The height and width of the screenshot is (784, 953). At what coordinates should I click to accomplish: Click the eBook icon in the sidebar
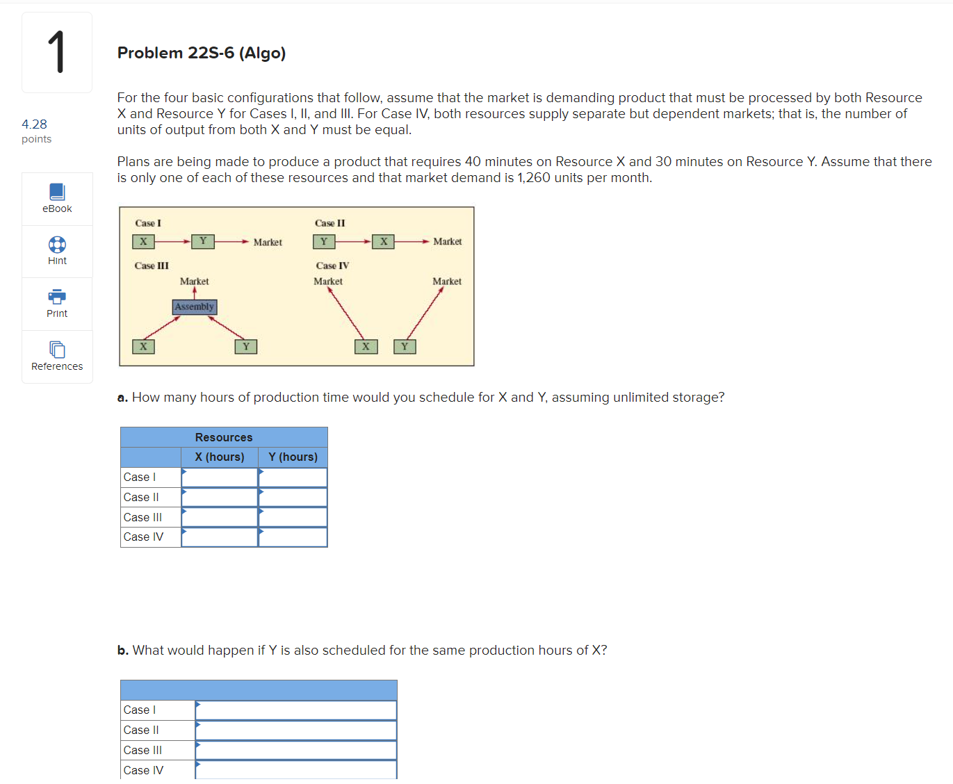(57, 192)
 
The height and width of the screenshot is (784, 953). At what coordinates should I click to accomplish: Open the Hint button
(57, 245)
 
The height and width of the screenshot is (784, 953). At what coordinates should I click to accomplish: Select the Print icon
(57, 297)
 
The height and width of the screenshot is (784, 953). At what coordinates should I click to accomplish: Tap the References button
(57, 350)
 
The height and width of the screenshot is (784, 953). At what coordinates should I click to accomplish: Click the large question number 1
(56, 52)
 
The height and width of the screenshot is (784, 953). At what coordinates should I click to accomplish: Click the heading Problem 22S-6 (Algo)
(201, 53)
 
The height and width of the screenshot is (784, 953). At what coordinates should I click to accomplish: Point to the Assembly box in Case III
(194, 307)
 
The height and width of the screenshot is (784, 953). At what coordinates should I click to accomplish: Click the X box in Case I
(143, 241)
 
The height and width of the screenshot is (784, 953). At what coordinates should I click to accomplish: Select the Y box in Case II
(323, 241)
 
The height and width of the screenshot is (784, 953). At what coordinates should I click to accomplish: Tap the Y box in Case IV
(405, 346)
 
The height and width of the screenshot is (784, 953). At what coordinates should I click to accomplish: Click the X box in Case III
(143, 346)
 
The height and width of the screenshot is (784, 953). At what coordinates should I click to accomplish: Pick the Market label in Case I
(268, 242)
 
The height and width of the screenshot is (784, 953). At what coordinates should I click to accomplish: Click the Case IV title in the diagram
(332, 266)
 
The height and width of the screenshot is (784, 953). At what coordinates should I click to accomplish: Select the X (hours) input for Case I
(220, 477)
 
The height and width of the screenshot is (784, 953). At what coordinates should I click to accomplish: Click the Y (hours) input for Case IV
(293, 537)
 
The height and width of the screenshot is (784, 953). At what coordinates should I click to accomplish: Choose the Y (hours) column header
(293, 457)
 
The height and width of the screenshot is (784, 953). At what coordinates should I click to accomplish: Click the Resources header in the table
(223, 437)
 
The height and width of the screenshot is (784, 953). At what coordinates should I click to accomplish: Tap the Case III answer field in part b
(295, 751)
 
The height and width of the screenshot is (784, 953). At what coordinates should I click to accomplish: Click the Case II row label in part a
(141, 497)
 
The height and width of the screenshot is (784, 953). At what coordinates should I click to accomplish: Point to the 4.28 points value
(34, 124)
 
